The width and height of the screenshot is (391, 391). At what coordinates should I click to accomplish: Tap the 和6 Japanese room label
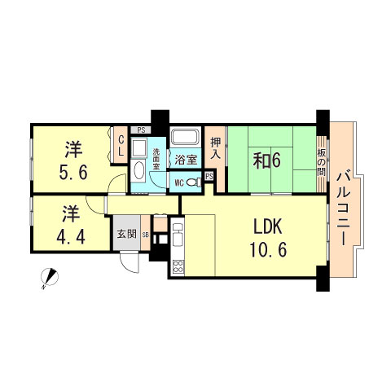tap(266, 160)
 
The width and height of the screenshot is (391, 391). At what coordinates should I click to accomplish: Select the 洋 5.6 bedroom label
tap(72, 160)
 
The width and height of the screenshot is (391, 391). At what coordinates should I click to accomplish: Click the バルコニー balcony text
tap(344, 207)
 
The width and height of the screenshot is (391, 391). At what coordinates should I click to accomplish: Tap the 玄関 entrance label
tap(125, 235)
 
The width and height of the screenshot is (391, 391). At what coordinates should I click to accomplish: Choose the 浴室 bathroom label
tap(185, 160)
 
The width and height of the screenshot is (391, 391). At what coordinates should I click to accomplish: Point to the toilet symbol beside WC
tap(193, 182)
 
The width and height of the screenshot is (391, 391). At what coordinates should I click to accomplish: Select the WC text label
tap(178, 182)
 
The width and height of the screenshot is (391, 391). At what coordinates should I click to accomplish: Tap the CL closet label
tap(121, 147)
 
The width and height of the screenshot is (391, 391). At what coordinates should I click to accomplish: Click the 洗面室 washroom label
tap(156, 158)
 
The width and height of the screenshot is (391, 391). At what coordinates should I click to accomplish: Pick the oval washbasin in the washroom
tap(138, 171)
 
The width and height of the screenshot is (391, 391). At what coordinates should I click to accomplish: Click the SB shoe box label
tap(146, 235)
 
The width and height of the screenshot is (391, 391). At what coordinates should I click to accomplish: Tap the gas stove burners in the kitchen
tap(177, 265)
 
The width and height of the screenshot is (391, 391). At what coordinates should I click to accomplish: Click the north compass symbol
tap(48, 279)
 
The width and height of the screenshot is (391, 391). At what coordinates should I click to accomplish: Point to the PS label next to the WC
tap(209, 175)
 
